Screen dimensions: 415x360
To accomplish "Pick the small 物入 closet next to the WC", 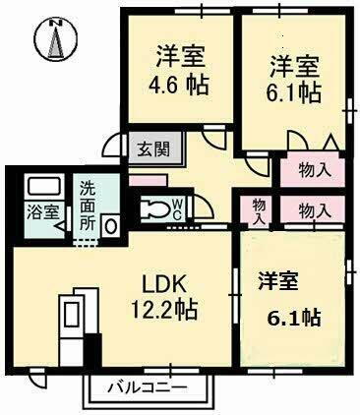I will (x=258, y=211).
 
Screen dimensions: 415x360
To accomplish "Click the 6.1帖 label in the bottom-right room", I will (x=294, y=317).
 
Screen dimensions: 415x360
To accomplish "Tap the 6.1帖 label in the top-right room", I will (x=294, y=92).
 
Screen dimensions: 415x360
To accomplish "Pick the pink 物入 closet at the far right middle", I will (x=313, y=210).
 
